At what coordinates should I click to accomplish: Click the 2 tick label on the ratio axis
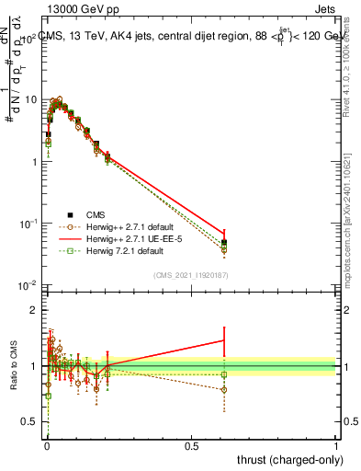click(36, 310)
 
